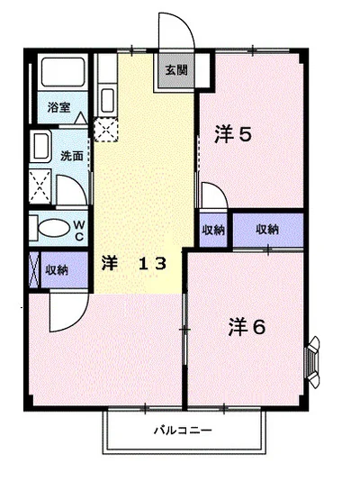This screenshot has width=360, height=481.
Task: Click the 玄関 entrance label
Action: click(176, 70)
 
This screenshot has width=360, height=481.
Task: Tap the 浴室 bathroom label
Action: click(58, 107)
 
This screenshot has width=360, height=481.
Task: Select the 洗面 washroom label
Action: click(72, 156)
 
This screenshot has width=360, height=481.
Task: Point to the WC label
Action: click(79, 231)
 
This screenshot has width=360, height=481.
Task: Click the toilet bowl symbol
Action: click(54, 228)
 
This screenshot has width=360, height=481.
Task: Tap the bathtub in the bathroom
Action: click(63, 72)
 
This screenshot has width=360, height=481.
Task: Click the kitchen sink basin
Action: click(107, 100)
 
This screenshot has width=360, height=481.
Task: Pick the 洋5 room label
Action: click(233, 134)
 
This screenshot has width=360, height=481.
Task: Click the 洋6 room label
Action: click(247, 327)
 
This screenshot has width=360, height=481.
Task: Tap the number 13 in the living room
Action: click(152, 264)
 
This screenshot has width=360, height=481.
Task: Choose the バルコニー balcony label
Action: click(183, 431)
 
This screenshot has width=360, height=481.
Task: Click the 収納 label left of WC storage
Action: click(57, 270)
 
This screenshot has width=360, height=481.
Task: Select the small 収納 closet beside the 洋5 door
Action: click(213, 230)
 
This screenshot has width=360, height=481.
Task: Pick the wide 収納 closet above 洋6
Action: click(268, 230)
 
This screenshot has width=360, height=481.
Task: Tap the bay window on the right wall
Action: click(313, 361)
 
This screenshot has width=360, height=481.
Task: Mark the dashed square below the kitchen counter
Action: click(105, 130)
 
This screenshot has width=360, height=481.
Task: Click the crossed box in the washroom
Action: click(40, 186)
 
